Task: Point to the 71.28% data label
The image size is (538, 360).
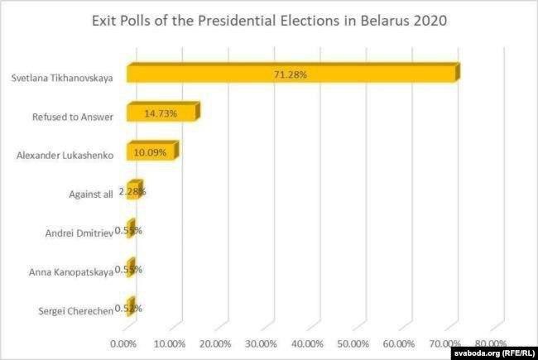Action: pyautogui.click(x=291, y=74)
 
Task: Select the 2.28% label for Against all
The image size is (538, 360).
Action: pyautogui.click(x=132, y=192)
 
